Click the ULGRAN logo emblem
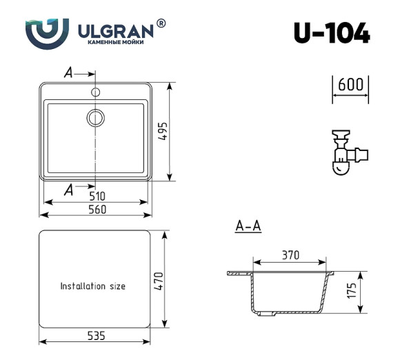[x=48, y=32]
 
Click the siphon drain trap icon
[x=346, y=152]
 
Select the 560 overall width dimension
[x=97, y=210]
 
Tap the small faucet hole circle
[x=95, y=91]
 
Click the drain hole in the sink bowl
[x=95, y=117]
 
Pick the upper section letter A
[x=68, y=72]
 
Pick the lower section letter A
[x=68, y=190]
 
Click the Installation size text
[x=93, y=286]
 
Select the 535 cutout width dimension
[x=96, y=336]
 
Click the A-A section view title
[x=248, y=226]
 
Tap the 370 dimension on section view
[x=290, y=255]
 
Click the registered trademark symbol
[x=161, y=23]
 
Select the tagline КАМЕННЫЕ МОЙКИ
[x=117, y=43]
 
